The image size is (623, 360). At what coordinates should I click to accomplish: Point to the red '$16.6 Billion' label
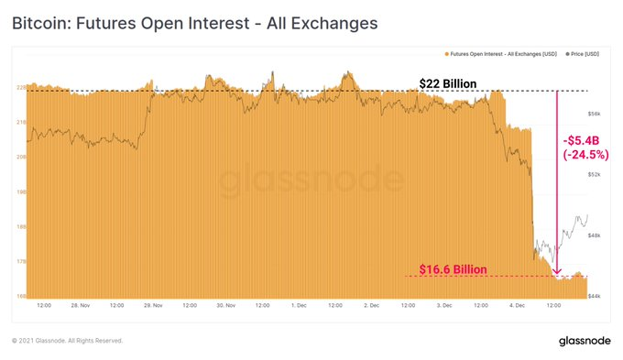pyautogui.click(x=452, y=269)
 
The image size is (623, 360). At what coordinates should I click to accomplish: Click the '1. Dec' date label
pyautogui.click(x=298, y=305)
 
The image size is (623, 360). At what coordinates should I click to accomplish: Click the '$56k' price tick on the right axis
pyautogui.click(x=594, y=114)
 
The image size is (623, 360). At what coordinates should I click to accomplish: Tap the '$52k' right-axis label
pyautogui.click(x=594, y=174)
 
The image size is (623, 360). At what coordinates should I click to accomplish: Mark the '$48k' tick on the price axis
pyautogui.click(x=594, y=235)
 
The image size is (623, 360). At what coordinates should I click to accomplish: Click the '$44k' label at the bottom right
pyautogui.click(x=594, y=296)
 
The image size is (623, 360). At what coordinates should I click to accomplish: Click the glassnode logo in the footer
pyautogui.click(x=578, y=341)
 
